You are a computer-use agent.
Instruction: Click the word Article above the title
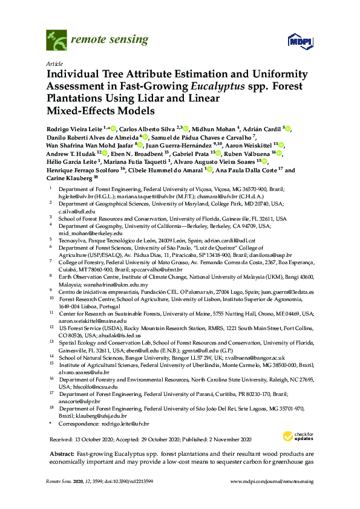(x=54, y=63)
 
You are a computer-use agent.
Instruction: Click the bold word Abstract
(x=59, y=453)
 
